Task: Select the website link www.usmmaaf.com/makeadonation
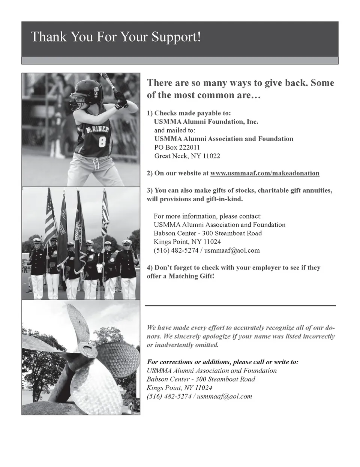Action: pos(265,173)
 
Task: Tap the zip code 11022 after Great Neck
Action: pos(211,156)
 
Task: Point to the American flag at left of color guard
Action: pos(50,217)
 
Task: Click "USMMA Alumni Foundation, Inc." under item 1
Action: pos(206,121)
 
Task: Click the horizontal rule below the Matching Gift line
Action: pos(240,306)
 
